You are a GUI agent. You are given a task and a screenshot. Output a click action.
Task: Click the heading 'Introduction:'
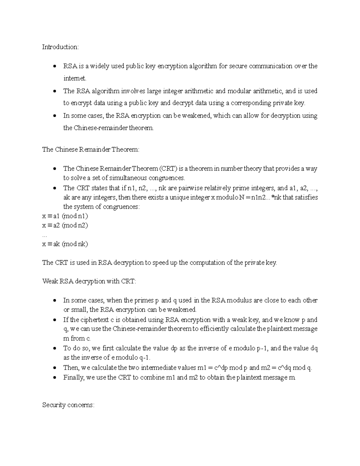[60, 47]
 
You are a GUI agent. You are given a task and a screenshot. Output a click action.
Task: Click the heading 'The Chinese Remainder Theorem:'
[91, 149]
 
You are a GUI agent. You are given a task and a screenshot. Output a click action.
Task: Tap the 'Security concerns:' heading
[68, 405]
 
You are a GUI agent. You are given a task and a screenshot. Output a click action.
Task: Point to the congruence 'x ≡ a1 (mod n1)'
[65, 216]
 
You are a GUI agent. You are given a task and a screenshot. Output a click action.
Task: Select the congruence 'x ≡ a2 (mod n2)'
[65, 225]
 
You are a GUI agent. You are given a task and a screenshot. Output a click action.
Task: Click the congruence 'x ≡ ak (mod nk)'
[65, 244]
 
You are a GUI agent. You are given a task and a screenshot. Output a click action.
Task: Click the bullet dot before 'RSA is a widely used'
[54, 66]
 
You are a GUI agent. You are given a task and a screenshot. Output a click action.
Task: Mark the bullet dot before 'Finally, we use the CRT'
[54, 378]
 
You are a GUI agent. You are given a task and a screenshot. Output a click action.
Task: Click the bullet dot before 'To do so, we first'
[54, 349]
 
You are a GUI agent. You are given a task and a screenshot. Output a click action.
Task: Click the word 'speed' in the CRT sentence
[162, 263]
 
